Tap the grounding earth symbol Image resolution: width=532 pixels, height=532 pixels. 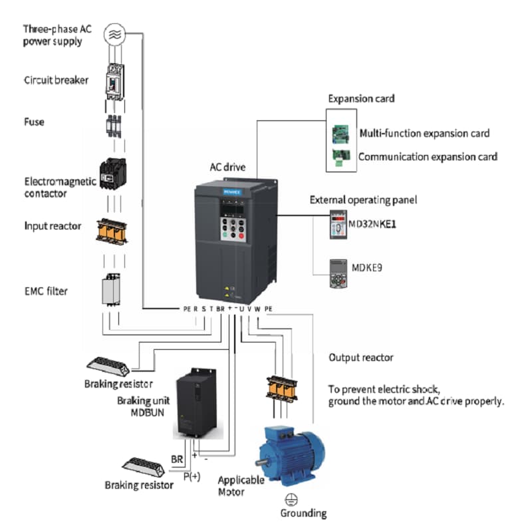point(290,499)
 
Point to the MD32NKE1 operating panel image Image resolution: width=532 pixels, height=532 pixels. point(338,225)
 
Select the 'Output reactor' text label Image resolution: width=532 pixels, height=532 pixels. point(361,358)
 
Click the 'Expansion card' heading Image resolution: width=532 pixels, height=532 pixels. point(361,98)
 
